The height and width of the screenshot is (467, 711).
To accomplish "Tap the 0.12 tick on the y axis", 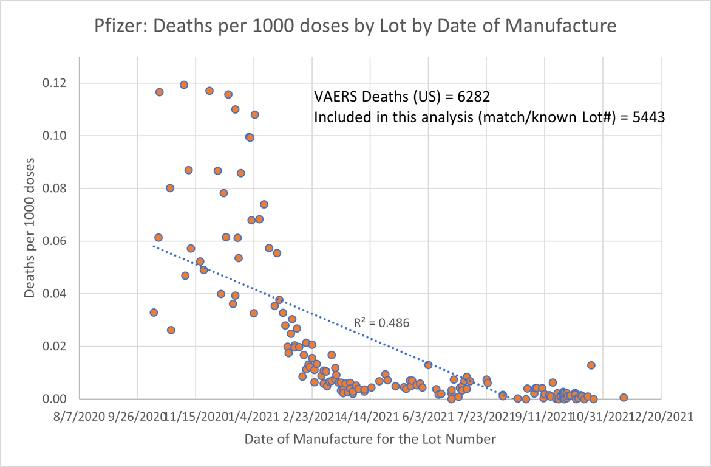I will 59,83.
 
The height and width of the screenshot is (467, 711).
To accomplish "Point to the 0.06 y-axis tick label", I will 59,241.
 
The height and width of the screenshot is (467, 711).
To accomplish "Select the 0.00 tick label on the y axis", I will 59,399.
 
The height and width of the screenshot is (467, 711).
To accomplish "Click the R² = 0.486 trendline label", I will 381,323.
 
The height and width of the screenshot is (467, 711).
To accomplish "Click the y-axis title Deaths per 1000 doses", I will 30,228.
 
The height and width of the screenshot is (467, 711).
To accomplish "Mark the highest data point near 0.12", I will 184,85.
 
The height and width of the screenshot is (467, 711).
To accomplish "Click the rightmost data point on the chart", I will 624,398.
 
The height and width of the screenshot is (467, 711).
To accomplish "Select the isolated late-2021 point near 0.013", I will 591,365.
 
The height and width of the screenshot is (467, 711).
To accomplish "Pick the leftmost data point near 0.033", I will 154,313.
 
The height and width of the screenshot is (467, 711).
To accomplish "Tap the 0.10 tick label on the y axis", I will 59,136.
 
